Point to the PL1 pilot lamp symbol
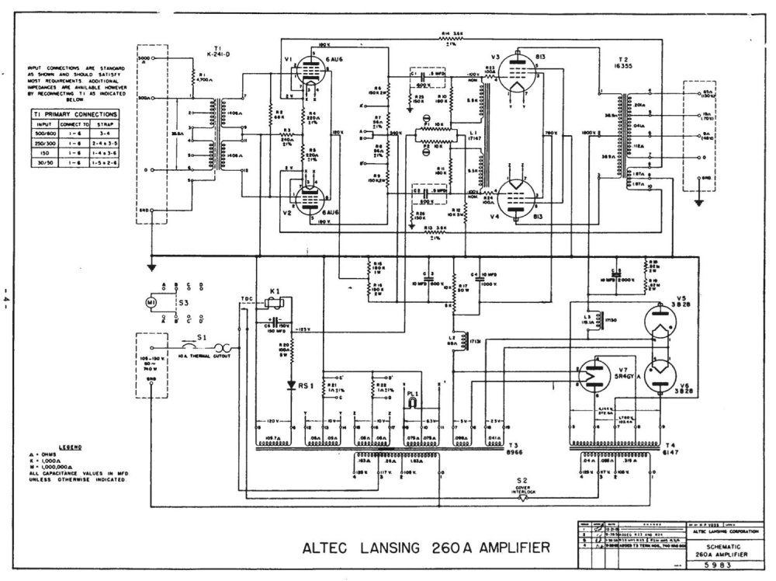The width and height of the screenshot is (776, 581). click(413, 403)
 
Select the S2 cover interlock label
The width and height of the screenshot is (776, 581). click(524, 482)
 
